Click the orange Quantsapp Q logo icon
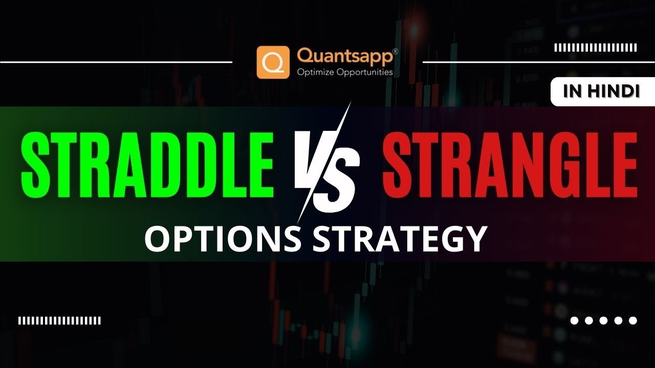(273, 62)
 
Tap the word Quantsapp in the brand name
(345, 56)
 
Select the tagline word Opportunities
(365, 73)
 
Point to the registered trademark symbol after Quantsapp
(396, 52)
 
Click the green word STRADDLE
(147, 165)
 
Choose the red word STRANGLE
(510, 165)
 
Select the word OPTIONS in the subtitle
(223, 238)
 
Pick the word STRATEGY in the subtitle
(400, 238)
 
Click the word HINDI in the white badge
(615, 91)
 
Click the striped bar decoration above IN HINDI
(596, 48)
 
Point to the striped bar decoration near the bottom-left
(59, 320)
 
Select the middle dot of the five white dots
(603, 320)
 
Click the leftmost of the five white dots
(574, 320)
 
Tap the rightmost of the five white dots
(633, 320)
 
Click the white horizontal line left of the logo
(116, 62)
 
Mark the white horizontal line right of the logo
(539, 62)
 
